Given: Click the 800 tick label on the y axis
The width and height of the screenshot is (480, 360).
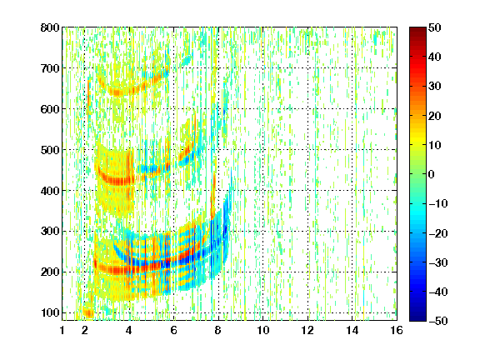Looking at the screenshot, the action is pos(50,27).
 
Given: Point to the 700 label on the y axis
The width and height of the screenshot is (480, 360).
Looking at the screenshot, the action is pos(50,68).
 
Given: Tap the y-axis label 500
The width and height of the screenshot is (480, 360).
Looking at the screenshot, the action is pos(50,150).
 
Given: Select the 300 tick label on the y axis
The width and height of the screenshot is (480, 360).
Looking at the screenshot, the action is pos(50,232).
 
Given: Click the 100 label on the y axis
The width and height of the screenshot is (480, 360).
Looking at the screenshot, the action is pos(50,312).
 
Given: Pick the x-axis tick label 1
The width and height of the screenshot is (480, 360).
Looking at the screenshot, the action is pos(62,330).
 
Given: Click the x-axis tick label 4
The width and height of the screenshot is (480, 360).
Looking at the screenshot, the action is pos(129,330).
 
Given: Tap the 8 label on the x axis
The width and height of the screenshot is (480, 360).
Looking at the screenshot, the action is pos(218,330).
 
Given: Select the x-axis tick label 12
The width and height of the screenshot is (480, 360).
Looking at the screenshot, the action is pos(307,330).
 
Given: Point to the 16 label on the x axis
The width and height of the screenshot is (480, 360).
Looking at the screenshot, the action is pos(397,330).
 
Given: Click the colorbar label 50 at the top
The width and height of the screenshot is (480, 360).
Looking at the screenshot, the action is pos(434,27).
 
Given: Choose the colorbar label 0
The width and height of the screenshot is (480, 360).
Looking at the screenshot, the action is pos(432,174).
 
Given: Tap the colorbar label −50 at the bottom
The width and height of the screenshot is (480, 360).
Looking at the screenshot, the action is pos(438,321).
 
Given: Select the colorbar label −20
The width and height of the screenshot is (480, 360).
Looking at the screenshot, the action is pos(438,233).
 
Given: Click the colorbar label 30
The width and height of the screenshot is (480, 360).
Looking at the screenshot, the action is pos(434,87).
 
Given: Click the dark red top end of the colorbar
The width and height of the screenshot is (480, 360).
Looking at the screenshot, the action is pos(417,29).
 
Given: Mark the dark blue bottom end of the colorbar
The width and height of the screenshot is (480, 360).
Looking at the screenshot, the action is pos(417,319).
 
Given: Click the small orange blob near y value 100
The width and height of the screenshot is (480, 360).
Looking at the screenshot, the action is pos(89,312).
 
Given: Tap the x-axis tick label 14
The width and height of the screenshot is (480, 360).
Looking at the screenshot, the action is pos(352,330).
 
